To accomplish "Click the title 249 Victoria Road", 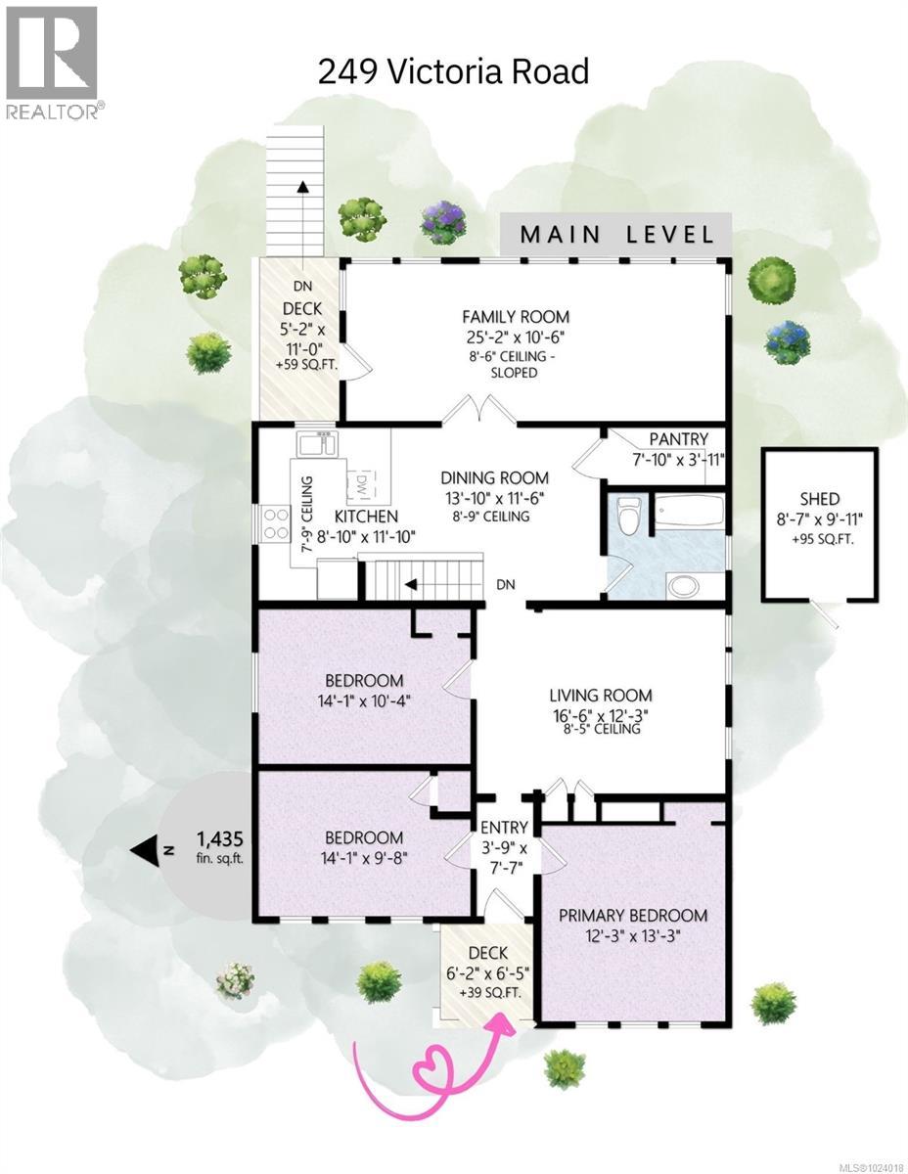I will [x=454, y=70].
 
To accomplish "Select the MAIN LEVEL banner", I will [x=615, y=235].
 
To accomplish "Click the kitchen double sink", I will [x=316, y=444].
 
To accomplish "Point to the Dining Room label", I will [x=494, y=477].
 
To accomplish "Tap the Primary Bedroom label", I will [x=632, y=916].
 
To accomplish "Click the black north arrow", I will [x=147, y=851].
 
